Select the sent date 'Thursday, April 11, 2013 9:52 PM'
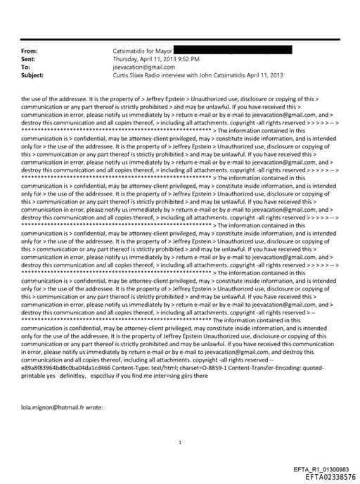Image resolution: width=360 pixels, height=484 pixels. (x=156, y=59)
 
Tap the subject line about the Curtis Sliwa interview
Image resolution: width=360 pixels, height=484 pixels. (x=186, y=74)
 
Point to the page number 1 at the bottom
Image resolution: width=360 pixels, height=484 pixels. (x=181, y=442)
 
